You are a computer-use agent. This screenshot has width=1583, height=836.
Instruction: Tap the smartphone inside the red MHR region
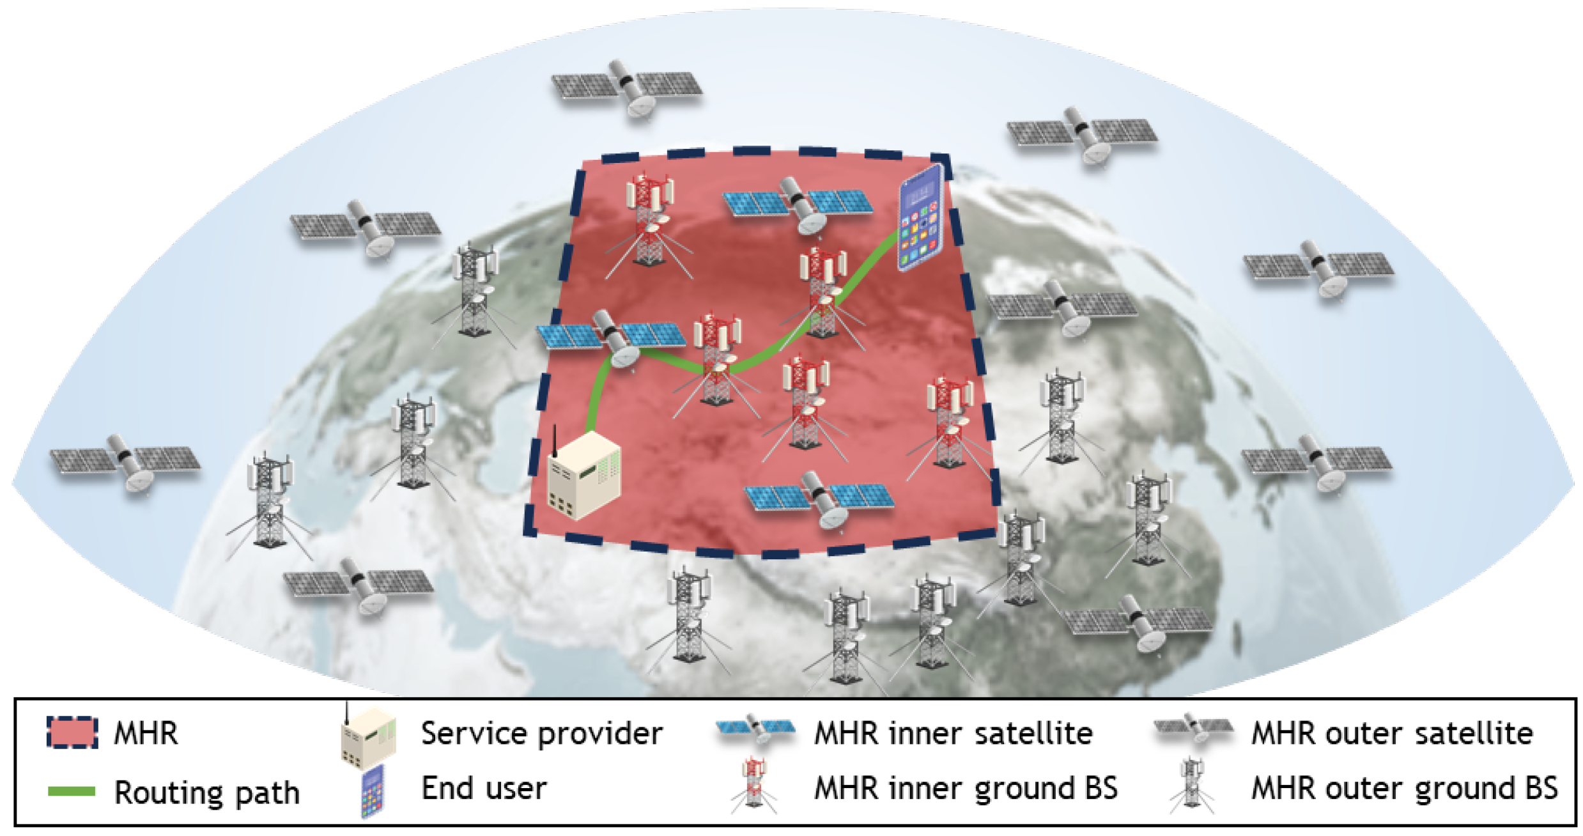[x=920, y=218]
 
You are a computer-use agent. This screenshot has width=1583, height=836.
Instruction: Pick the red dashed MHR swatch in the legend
[x=72, y=732]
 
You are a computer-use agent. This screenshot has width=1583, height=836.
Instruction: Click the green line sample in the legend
[x=72, y=791]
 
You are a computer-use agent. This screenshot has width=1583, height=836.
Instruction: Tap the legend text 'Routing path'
[x=206, y=793]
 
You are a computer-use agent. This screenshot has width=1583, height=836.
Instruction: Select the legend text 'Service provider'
[x=541, y=733]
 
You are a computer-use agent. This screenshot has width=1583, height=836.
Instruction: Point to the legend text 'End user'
[x=484, y=788]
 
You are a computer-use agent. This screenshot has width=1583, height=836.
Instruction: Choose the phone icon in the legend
[x=373, y=791]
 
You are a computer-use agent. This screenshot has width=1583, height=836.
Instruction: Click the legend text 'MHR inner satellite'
[x=953, y=733]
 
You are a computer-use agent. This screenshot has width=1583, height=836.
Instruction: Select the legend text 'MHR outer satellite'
[x=1391, y=733]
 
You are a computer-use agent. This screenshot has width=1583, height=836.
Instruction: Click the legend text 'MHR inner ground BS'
[x=966, y=788]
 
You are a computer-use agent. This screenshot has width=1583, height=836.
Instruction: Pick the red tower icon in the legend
[x=755, y=784]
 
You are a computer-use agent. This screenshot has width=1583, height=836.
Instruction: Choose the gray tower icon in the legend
[x=1191, y=784]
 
